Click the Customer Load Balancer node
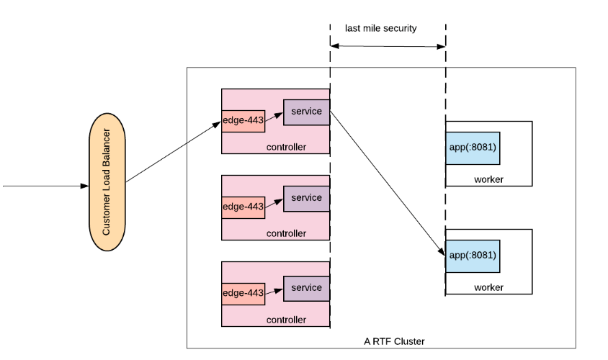(107, 183)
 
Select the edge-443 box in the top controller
(243, 121)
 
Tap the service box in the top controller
(306, 112)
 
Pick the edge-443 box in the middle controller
(243, 207)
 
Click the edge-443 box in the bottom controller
(243, 292)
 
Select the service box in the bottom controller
(306, 288)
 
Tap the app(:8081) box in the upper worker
(473, 148)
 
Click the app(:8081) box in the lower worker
(473, 255)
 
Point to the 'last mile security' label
(380, 29)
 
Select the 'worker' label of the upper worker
(488, 179)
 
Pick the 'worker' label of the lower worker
(488, 288)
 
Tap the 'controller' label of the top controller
(286, 147)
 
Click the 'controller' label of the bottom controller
(286, 320)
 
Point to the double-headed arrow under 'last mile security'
(388, 46)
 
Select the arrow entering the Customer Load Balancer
(43, 186)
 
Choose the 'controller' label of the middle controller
(286, 233)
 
